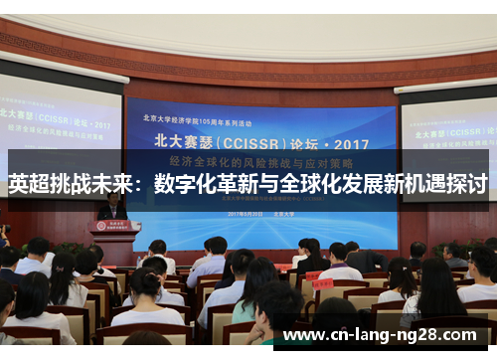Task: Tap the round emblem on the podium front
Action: click(x=115, y=226)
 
